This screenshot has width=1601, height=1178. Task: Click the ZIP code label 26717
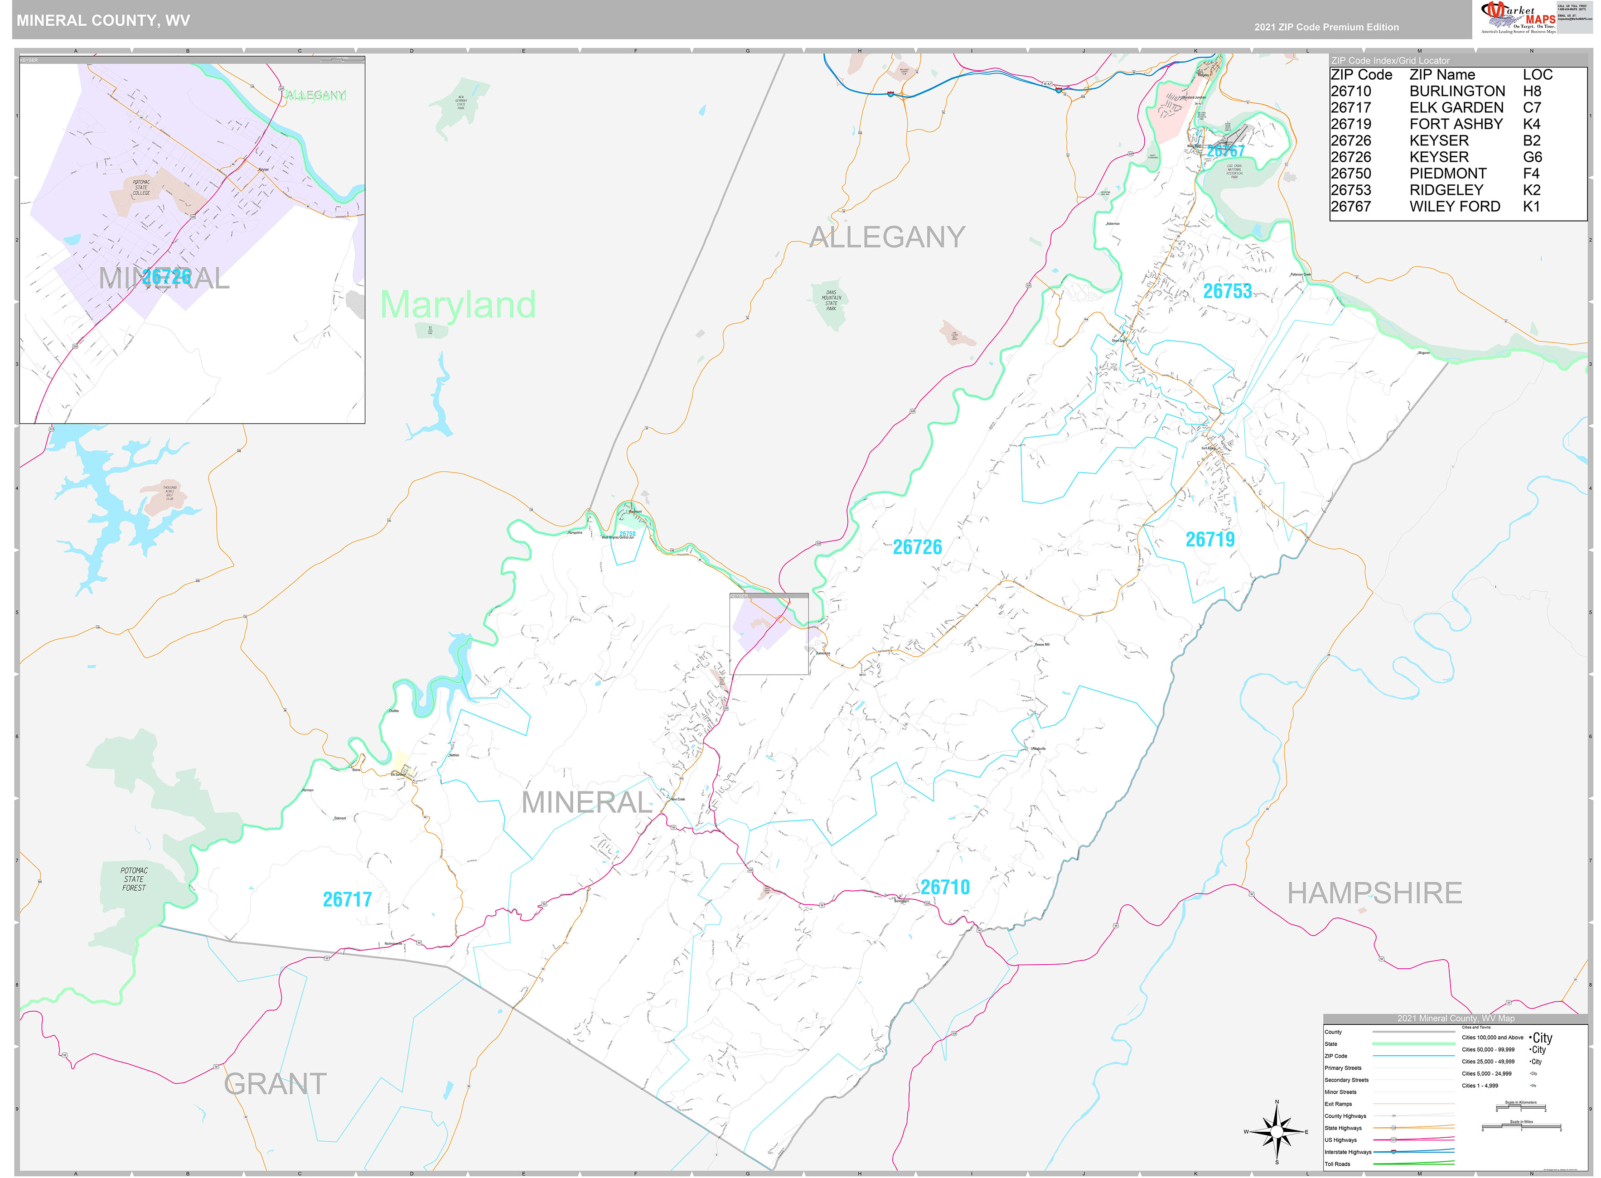[347, 899]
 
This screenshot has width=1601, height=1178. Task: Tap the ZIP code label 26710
[944, 887]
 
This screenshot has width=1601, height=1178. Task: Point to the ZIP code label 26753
[1227, 291]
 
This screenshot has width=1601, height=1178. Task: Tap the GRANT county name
[275, 1084]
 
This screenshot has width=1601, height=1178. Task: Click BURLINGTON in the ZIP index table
[1456, 91]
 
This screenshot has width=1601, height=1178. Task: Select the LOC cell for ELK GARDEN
[1531, 108]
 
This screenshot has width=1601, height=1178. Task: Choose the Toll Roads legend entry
[1337, 1164]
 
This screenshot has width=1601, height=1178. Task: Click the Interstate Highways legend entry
[1347, 1152]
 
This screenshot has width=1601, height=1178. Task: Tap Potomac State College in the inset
[141, 188]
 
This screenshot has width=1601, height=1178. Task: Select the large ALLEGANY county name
[887, 237]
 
